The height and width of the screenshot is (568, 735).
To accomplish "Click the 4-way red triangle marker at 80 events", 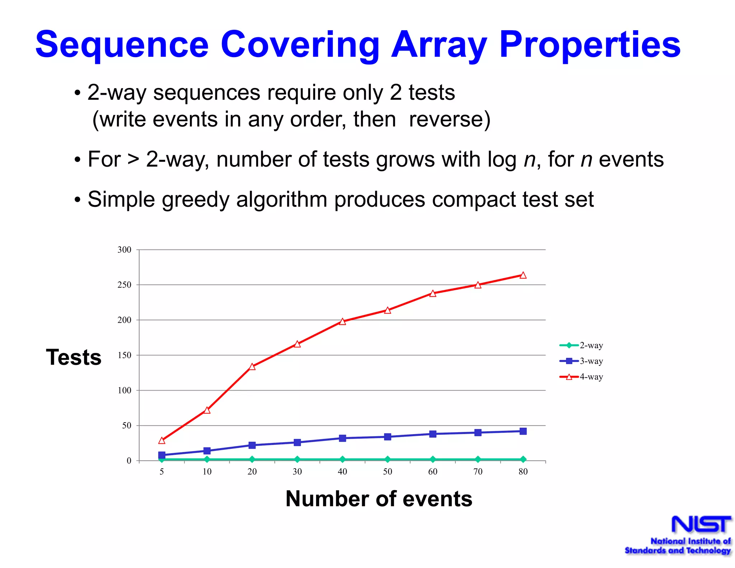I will point(523,275).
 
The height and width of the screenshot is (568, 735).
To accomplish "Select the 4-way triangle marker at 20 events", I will point(252,367).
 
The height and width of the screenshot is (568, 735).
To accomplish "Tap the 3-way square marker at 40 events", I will point(342,438).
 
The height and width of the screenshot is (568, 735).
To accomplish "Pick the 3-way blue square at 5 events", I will point(162,455).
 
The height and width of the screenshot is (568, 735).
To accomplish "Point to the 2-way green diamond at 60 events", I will point(433,459).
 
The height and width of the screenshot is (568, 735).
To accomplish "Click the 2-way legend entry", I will point(581,345).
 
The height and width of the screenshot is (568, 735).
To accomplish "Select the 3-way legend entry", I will point(581,361).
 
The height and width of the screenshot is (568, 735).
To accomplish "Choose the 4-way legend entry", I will point(581,377).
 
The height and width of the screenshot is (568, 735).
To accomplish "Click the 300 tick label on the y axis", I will point(124,250).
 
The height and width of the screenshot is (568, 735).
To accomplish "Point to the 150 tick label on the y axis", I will point(124,355).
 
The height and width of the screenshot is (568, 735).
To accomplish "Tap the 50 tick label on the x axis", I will point(388,471).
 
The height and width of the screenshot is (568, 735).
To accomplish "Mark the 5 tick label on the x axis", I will point(162,471).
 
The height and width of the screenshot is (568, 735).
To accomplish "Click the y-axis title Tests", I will point(74,357).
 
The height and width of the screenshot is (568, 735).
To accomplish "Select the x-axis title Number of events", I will point(379,499).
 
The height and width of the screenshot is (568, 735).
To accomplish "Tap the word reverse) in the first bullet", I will point(449,120).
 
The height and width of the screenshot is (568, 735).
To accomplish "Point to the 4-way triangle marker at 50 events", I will point(388,310).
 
